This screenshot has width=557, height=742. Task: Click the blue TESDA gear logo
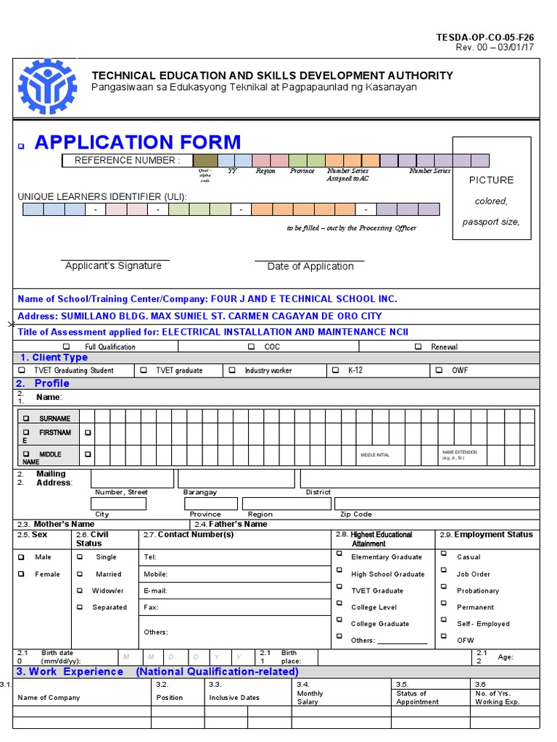point(47,86)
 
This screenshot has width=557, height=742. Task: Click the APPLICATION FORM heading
point(138,142)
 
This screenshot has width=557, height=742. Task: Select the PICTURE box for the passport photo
point(491,188)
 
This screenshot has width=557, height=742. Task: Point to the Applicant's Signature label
point(113,266)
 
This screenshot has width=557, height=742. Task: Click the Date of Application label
point(310,267)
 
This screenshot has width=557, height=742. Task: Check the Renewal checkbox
point(418,347)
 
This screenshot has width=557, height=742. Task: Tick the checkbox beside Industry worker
point(233,370)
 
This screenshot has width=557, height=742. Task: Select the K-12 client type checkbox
point(336,370)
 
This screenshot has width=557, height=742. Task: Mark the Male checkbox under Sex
point(22,557)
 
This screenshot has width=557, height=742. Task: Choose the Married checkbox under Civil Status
point(81,574)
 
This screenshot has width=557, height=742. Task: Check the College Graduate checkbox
point(339,620)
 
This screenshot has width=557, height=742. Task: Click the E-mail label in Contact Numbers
point(155,591)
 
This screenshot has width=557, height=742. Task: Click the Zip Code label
point(356,514)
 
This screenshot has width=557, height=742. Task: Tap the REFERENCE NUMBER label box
point(127,161)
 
